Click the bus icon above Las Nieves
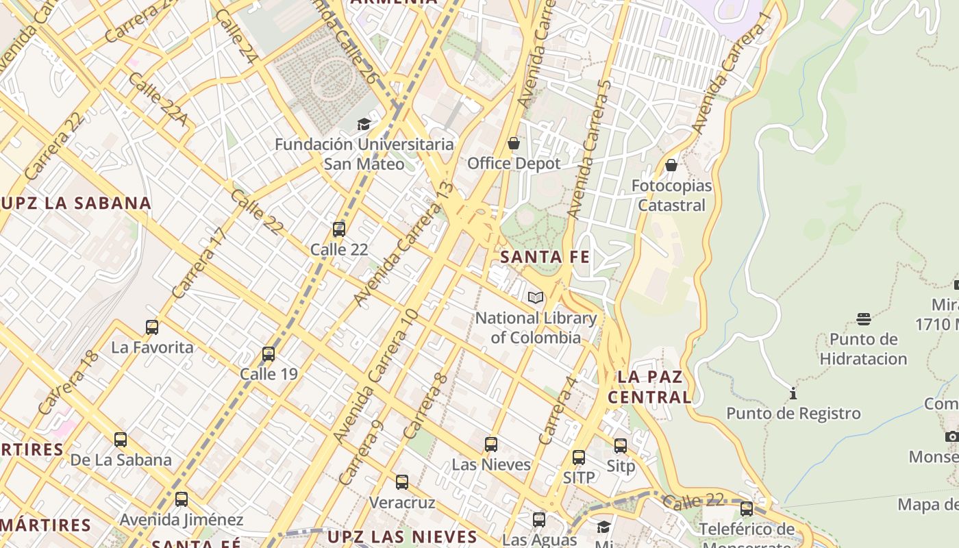tap(490, 444)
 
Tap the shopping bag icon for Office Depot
tap(514, 143)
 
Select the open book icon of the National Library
tap(536, 297)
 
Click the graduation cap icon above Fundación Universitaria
tap(364, 124)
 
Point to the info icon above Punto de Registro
tap(793, 393)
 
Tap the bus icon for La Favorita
tap(152, 327)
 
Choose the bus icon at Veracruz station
tap(402, 482)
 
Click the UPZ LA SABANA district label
tap(76, 203)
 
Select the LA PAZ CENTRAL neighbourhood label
tap(650, 387)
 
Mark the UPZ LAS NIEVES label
tap(402, 536)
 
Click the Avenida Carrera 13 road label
tap(403, 244)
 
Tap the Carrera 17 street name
tap(199, 263)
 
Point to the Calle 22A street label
tap(157, 100)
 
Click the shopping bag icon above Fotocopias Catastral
tap(671, 165)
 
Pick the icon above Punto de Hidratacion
tap(863, 319)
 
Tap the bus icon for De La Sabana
tap(121, 439)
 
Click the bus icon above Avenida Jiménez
tap(182, 499)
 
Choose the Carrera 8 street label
tap(425, 407)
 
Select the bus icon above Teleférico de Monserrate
tap(747, 509)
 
